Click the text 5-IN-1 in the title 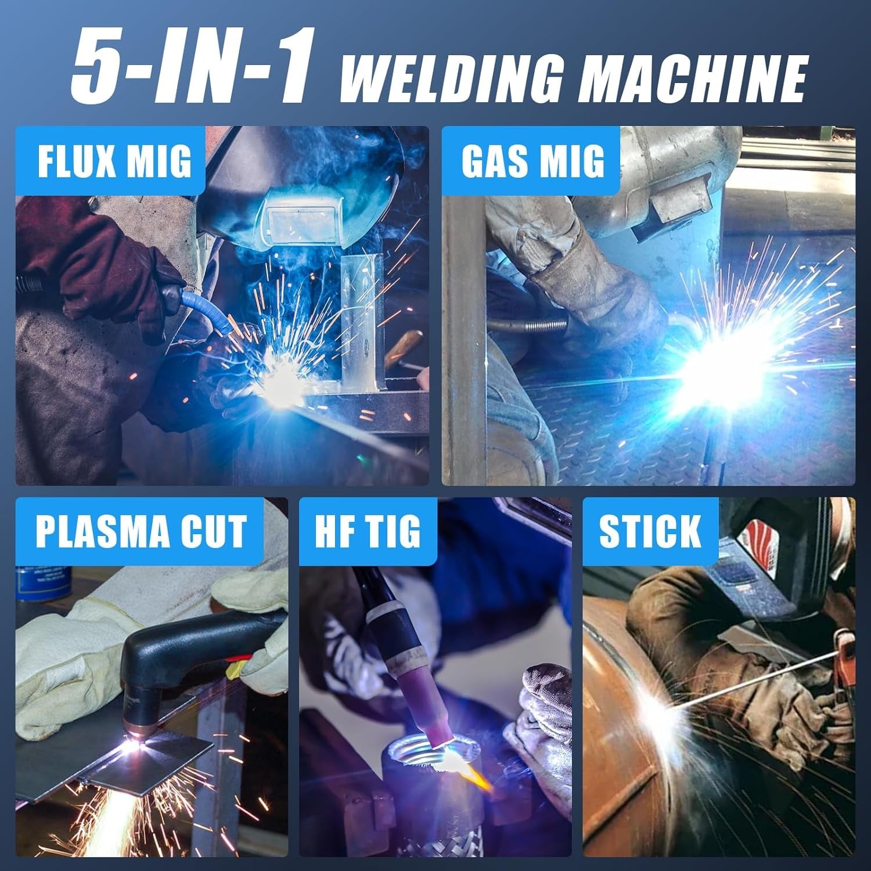tap(192, 65)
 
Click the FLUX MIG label tap(114, 161)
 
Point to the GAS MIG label tap(532, 161)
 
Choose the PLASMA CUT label tap(141, 531)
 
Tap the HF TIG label tap(368, 531)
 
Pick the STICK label tap(650, 531)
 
